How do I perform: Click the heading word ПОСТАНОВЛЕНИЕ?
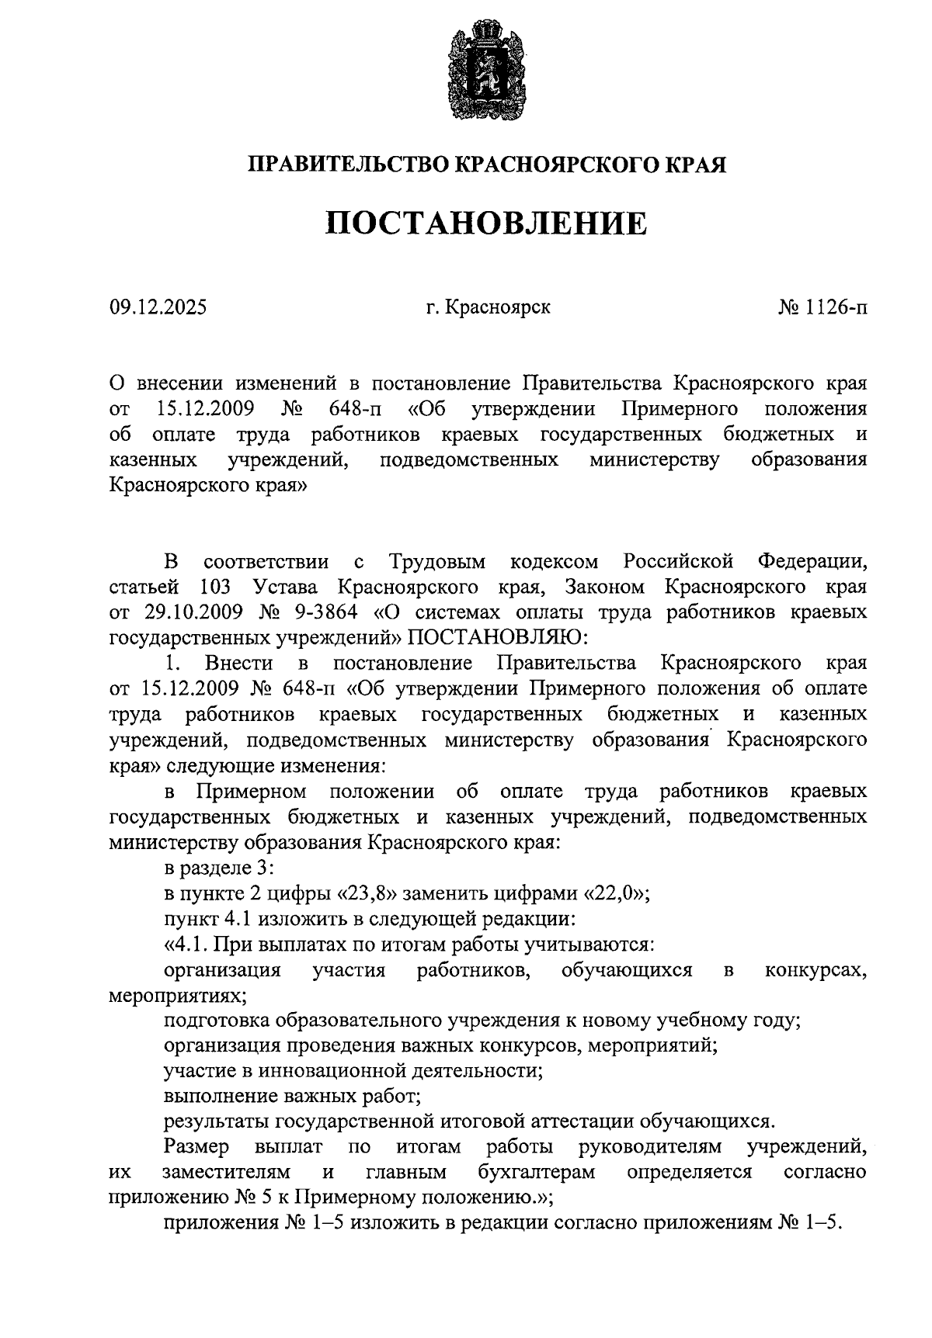[x=485, y=224]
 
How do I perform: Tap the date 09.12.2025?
[x=158, y=308]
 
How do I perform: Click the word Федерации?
[x=812, y=561]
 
